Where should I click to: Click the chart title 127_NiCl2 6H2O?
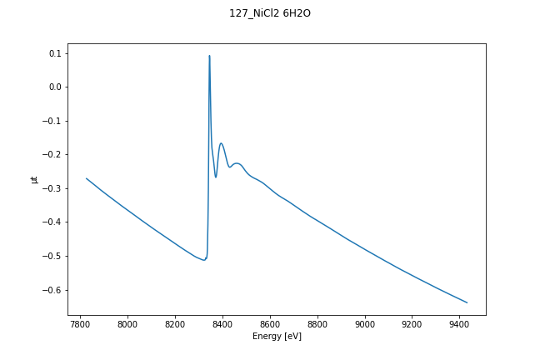[270, 13]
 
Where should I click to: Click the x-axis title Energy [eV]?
[277, 336]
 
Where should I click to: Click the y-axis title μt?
[34, 179]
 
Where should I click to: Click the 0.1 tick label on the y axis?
[55, 53]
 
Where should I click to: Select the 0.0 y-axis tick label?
[55, 87]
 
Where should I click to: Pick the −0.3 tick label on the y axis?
[52, 188]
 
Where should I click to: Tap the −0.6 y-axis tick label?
[52, 290]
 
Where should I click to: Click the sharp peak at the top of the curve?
[209, 56]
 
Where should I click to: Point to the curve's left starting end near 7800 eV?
[87, 178]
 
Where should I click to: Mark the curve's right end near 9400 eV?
[467, 302]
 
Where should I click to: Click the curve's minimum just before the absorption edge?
[204, 260]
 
